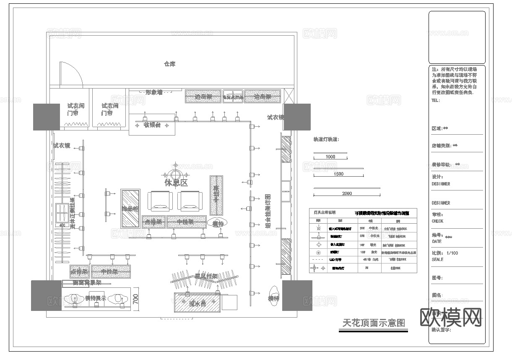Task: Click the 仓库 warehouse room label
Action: pos(169,64)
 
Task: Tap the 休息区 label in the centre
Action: pos(176,183)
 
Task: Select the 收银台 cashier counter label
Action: pos(152,125)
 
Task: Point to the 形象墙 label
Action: pos(154,92)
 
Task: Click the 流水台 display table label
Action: pos(197,303)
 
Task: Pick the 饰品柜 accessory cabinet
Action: pos(130,209)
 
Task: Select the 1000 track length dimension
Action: pos(330,157)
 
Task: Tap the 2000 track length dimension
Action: pos(347,193)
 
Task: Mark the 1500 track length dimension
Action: pos(338,174)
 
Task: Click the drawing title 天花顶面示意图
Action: pos(373,323)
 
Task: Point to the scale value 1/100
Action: pos(452,253)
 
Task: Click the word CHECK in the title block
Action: pos(437,221)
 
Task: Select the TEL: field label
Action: pos(436,101)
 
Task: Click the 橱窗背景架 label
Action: pos(87,283)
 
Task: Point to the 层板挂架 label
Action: pos(206,277)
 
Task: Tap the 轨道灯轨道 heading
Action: pos(326,139)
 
